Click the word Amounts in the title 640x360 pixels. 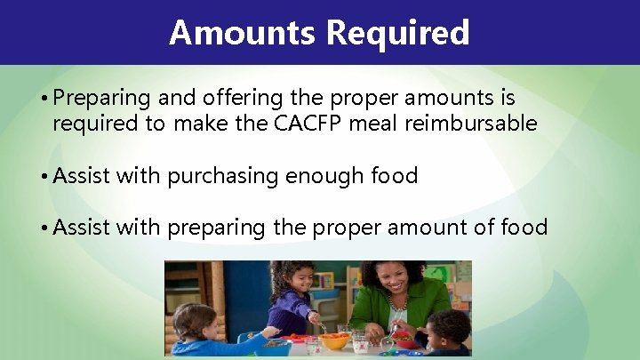tap(242, 32)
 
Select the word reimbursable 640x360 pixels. tap(471, 124)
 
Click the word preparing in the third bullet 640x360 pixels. tap(216, 228)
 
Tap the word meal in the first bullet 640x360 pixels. tap(380, 124)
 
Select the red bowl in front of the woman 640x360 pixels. tap(404, 339)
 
